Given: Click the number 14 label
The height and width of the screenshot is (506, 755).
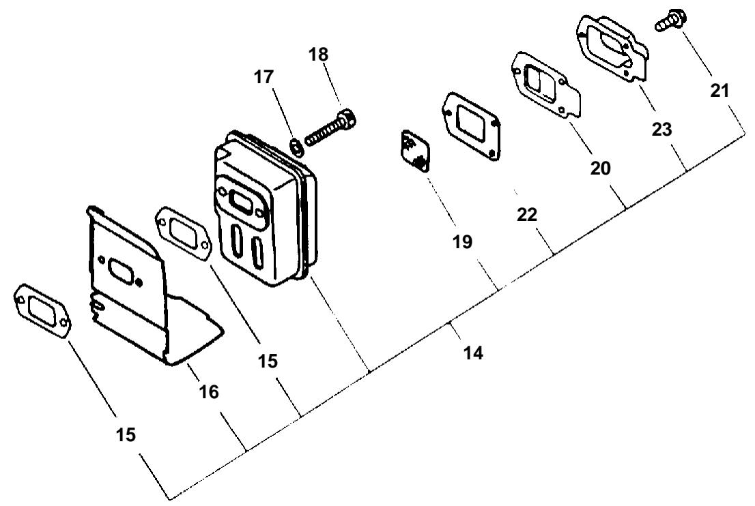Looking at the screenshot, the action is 473,353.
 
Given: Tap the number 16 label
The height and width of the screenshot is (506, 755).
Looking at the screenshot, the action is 209,392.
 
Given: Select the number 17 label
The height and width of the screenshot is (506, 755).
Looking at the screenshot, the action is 263,76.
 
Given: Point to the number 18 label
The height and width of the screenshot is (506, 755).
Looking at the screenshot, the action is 318,55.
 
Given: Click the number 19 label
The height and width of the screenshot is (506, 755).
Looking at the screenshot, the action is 462,242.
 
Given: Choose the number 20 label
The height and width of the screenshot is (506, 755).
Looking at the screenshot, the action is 600,168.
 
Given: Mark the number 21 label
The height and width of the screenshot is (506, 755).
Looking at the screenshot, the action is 720,91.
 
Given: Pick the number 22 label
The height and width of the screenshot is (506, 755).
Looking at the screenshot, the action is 527,215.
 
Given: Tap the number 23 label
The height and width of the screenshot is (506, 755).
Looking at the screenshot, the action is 661,129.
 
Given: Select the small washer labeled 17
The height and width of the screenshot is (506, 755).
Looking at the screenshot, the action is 297,146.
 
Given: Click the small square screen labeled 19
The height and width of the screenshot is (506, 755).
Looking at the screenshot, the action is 415,151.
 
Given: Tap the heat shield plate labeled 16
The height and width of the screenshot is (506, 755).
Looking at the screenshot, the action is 149,288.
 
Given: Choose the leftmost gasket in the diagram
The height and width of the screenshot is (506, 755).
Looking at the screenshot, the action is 42,310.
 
